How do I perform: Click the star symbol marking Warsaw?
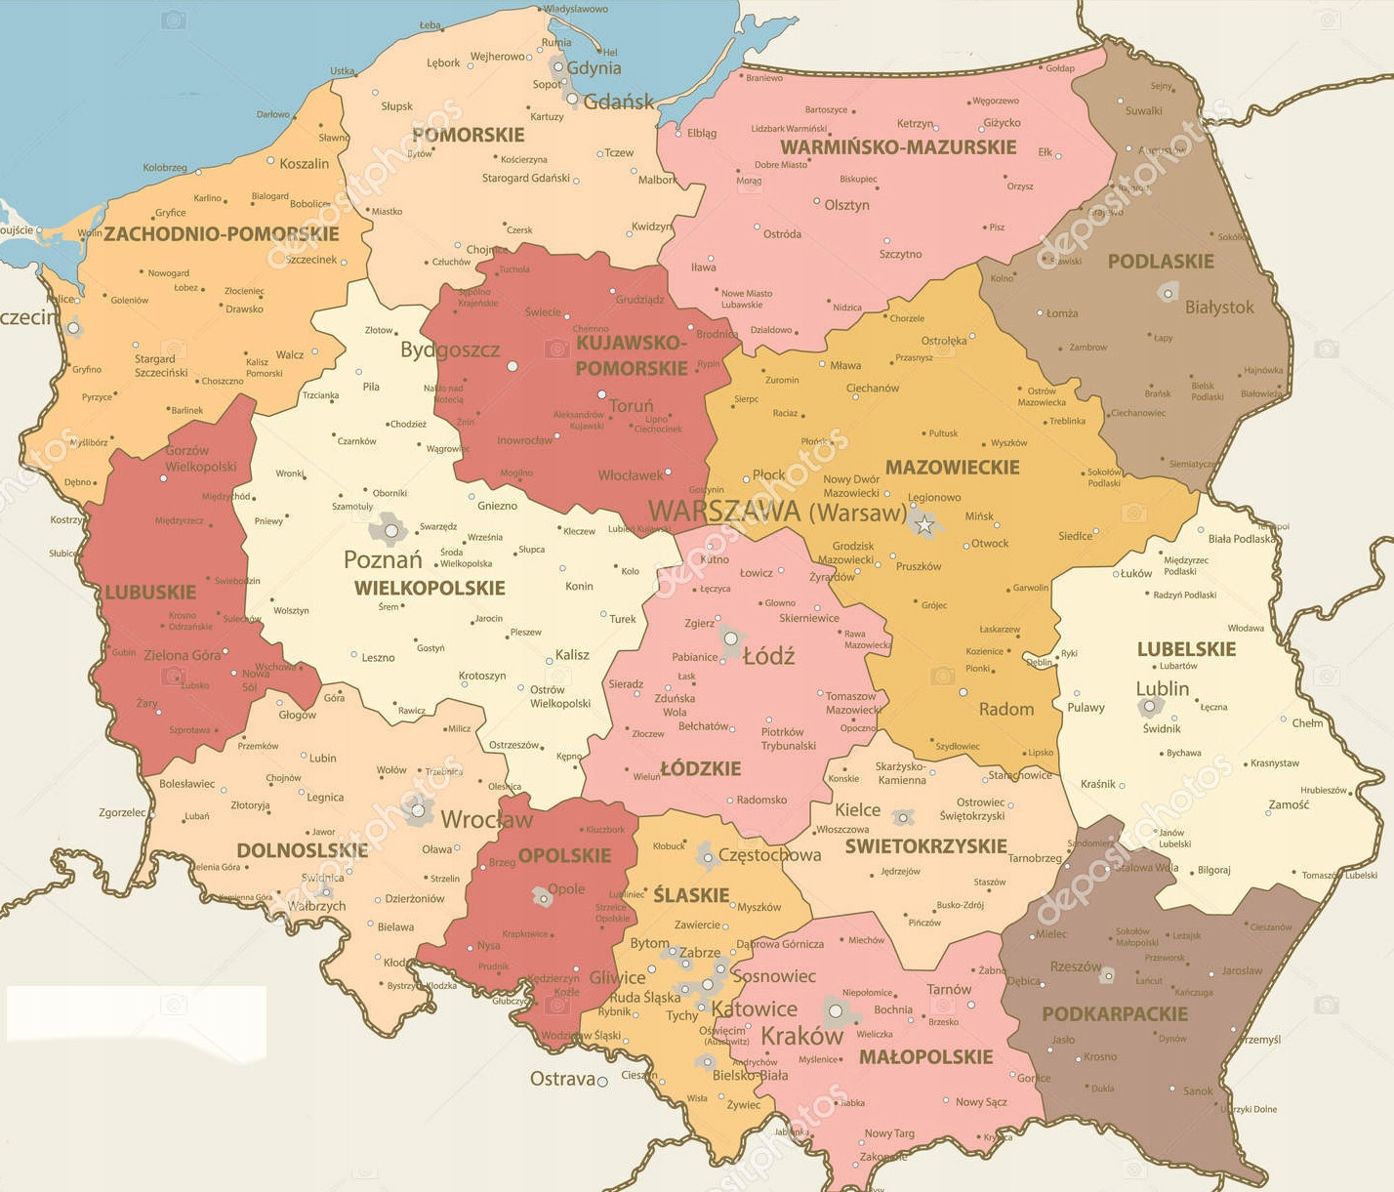pyautogui.click(x=923, y=526)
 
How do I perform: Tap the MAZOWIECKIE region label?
pyautogui.click(x=952, y=468)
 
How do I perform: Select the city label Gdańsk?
pyautogui.click(x=619, y=102)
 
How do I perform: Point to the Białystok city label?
pyautogui.click(x=1219, y=308)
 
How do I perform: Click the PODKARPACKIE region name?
pyautogui.click(x=1115, y=1014)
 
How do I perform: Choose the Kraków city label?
pyautogui.click(x=801, y=1036)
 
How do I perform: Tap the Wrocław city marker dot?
pyautogui.click(x=419, y=810)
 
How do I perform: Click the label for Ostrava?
pyautogui.click(x=562, y=1079)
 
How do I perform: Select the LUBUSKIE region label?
pyautogui.click(x=150, y=593)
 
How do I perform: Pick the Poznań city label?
pyautogui.click(x=383, y=560)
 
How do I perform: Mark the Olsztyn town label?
pyautogui.click(x=846, y=205)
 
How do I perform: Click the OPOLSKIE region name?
pyautogui.click(x=564, y=856)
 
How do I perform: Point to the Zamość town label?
pyautogui.click(x=1289, y=804)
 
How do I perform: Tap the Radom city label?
pyautogui.click(x=1005, y=710)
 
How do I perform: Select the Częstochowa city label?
pyautogui.click(x=769, y=855)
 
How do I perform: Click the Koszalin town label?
pyautogui.click(x=304, y=164)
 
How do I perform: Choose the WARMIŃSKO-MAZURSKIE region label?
pyautogui.click(x=898, y=147)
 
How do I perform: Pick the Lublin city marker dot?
pyautogui.click(x=1150, y=706)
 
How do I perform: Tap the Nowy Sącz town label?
pyautogui.click(x=981, y=1102)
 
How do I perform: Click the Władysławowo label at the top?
pyautogui.click(x=576, y=9)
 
